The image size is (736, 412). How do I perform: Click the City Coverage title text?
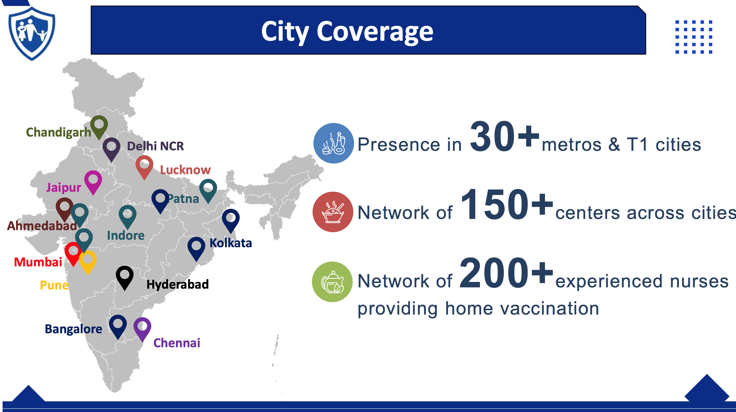point(347,32)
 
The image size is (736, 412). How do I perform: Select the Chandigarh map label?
point(58,133)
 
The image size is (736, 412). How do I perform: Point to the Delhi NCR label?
point(155,146)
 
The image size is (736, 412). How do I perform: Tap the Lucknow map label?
point(185,170)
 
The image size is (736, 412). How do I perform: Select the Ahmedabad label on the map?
point(42,226)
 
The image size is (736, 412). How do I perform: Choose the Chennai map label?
point(177,343)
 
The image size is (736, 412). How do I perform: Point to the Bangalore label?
point(73,329)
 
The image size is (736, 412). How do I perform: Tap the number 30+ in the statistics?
point(505,136)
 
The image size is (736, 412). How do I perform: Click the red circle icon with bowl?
point(333,212)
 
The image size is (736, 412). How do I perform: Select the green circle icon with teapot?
point(332,282)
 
